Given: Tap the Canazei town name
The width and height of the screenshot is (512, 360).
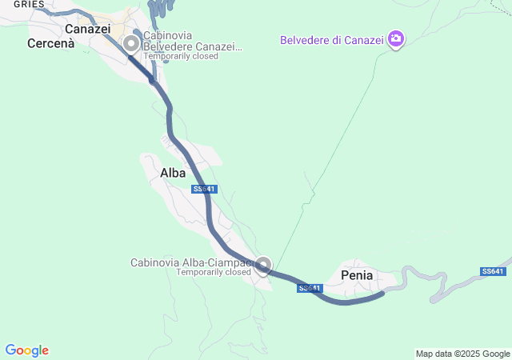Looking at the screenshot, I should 87,29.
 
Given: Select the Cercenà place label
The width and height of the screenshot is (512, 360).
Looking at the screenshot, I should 50,43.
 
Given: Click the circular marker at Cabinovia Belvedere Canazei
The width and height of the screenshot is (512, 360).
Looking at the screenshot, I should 130,43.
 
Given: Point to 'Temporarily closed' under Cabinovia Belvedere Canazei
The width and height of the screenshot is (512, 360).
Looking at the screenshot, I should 181,56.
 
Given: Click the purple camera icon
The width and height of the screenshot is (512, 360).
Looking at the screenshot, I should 395,38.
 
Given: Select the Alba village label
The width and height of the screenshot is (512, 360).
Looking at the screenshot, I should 173,173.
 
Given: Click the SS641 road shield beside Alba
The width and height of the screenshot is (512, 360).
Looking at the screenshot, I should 205,189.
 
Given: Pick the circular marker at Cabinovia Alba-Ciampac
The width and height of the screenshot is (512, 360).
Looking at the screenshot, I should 263,265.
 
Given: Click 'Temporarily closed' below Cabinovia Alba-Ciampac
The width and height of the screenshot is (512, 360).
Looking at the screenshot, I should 214,272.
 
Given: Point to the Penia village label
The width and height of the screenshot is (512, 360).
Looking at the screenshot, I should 357,275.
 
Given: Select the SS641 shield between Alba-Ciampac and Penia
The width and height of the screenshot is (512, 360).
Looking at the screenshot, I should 310,288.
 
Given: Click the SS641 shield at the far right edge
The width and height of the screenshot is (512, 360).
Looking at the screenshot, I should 493,271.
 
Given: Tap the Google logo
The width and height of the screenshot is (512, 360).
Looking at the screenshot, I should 26,350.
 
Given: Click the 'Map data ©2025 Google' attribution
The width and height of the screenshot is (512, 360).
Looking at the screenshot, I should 462,354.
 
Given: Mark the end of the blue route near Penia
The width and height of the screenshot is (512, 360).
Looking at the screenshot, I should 383,294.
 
